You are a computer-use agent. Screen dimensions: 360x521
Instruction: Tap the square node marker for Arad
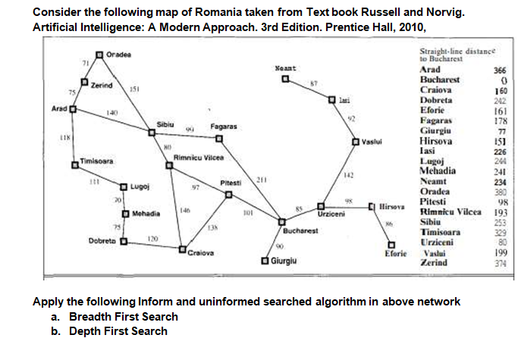(x=74, y=108)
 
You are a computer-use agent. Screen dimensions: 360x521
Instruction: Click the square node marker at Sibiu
(x=152, y=133)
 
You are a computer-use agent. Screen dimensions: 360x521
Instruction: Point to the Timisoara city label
(x=97, y=161)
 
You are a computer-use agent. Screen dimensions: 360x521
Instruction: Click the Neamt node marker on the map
(x=284, y=77)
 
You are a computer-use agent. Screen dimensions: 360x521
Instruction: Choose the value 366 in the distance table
(x=500, y=69)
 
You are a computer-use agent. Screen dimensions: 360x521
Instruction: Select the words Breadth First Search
(x=124, y=317)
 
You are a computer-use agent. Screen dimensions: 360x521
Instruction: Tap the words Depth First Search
(x=118, y=331)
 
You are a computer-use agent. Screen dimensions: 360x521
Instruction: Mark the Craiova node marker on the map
(x=182, y=248)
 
